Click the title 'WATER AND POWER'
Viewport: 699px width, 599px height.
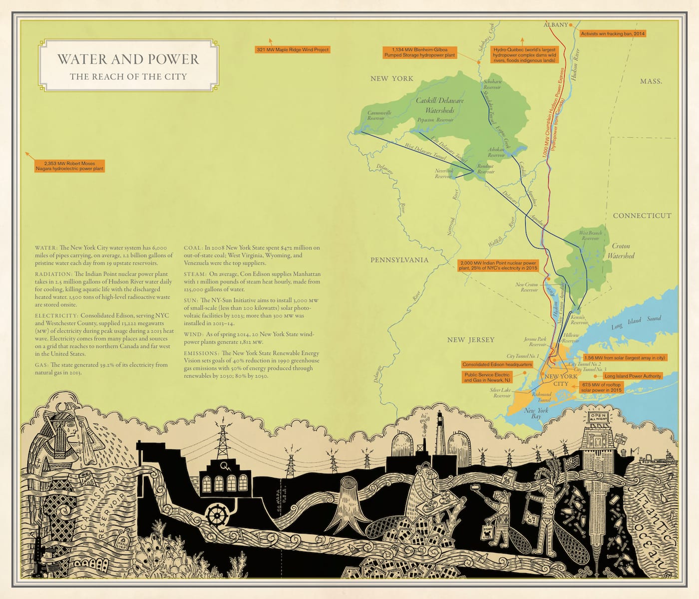[128, 59]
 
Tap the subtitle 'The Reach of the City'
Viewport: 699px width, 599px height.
[128, 77]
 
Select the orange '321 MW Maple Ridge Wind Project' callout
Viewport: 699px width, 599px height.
[293, 50]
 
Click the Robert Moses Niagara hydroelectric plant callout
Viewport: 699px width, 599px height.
[69, 166]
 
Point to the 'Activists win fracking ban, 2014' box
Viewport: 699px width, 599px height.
[613, 34]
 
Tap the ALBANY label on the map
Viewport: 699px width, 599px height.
[556, 24]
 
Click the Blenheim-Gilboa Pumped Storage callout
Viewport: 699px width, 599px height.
[419, 52]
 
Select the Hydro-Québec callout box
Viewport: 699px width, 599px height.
[524, 55]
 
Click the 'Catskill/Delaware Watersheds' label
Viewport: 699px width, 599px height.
[440, 105]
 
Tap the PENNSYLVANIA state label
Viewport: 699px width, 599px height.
[399, 260]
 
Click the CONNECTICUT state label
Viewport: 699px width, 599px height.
[642, 216]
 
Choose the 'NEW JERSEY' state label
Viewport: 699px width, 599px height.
[470, 340]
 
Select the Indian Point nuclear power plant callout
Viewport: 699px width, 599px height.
[497, 266]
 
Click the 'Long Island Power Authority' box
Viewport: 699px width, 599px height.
[633, 376]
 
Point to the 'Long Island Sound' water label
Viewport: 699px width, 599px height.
[636, 322]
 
